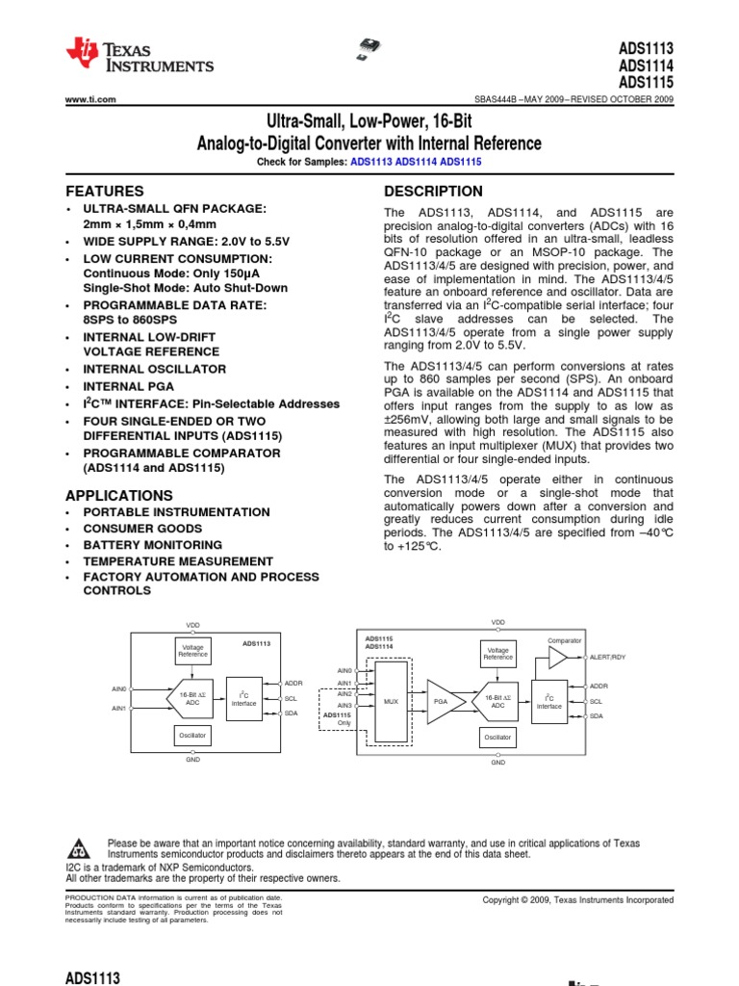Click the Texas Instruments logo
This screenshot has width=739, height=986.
click(140, 57)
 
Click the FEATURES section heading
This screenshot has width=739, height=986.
click(105, 191)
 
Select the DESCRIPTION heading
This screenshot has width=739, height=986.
click(433, 191)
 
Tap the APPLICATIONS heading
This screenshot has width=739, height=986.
click(119, 495)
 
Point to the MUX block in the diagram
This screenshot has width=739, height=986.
click(391, 702)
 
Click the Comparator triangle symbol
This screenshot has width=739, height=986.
click(557, 658)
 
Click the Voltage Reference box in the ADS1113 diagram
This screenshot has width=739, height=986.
click(192, 652)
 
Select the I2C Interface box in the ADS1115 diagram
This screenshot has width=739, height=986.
click(549, 702)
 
